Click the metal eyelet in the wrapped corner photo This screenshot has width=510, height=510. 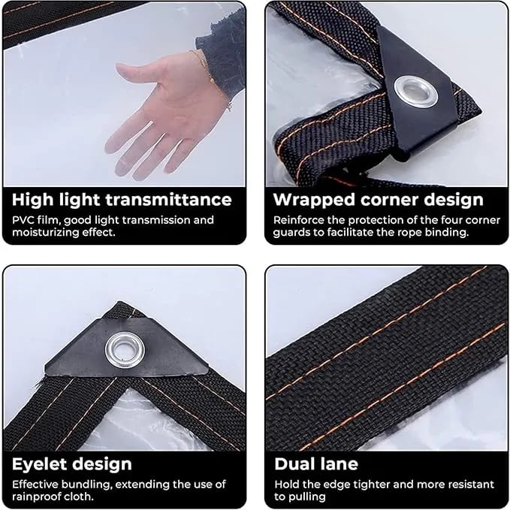415,92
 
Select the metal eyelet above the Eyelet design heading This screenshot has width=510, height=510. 125,350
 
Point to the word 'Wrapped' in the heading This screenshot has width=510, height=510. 314,201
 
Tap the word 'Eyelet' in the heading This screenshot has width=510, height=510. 41,464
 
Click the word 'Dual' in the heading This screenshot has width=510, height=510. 293,464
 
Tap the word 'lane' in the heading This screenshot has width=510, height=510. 337,464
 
